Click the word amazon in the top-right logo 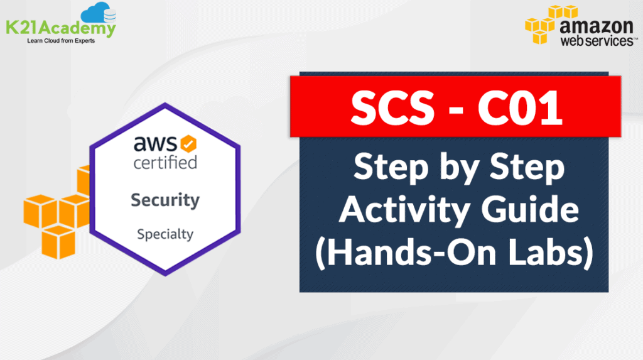click(596, 26)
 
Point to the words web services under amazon click(594, 41)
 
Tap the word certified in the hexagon click(165, 162)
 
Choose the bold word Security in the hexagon click(165, 200)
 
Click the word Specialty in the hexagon click(165, 234)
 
